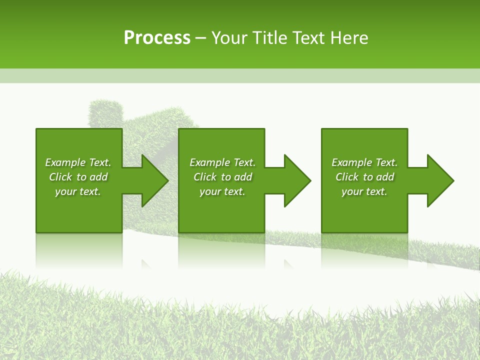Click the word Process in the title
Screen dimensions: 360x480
pyautogui.click(x=157, y=38)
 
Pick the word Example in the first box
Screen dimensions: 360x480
pyautogui.click(x=65, y=162)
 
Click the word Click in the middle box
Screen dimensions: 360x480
pyautogui.click(x=205, y=177)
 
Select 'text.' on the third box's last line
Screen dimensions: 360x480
pyautogui.click(x=376, y=191)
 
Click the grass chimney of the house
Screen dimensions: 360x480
pyautogui.click(x=105, y=112)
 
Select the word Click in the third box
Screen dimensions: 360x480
pyautogui.click(x=347, y=177)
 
